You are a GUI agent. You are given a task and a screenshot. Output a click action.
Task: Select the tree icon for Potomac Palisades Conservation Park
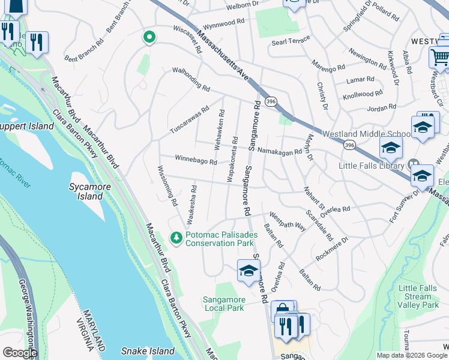coord(176,238)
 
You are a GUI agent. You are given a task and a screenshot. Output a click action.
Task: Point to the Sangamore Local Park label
coord(223,304)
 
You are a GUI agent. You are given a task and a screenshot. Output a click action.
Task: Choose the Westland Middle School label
coord(367,134)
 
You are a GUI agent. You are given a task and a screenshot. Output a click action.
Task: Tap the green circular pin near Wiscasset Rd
coord(149,37)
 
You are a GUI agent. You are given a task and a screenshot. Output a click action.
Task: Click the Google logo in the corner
coord(19,353)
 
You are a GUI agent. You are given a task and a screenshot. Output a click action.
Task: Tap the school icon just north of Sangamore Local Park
coord(249,270)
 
